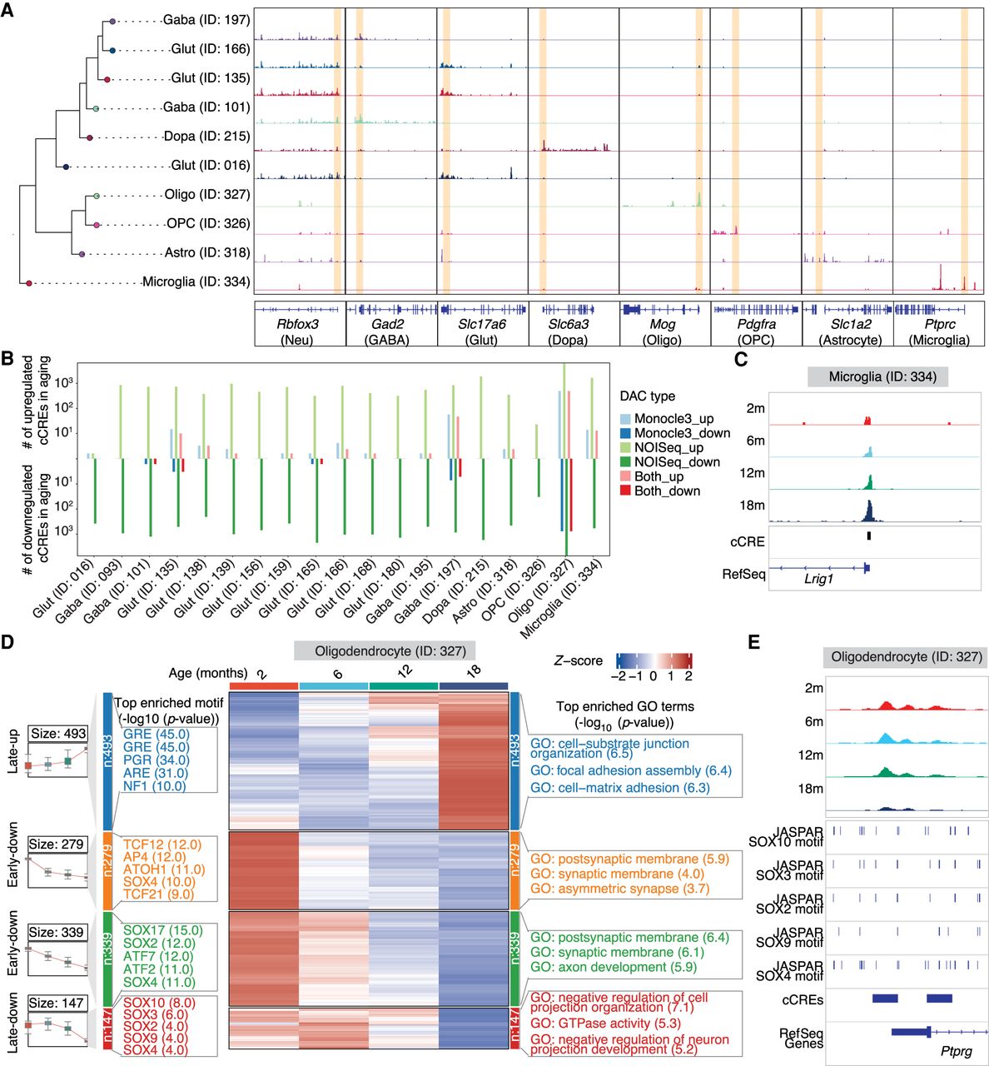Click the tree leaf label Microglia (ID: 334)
coord(196,281)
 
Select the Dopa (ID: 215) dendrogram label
coord(206,137)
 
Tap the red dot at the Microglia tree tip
coord(29,284)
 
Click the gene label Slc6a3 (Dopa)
coord(569,331)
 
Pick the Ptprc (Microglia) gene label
coord(939,331)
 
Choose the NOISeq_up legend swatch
coord(625,448)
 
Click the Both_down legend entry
coord(667,491)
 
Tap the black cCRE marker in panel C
coord(868,535)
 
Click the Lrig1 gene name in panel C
coord(818,579)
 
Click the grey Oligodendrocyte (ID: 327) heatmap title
coord(384,651)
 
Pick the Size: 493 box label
coord(57,734)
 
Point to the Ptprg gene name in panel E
coord(956,1052)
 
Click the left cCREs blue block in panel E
coord(884,998)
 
